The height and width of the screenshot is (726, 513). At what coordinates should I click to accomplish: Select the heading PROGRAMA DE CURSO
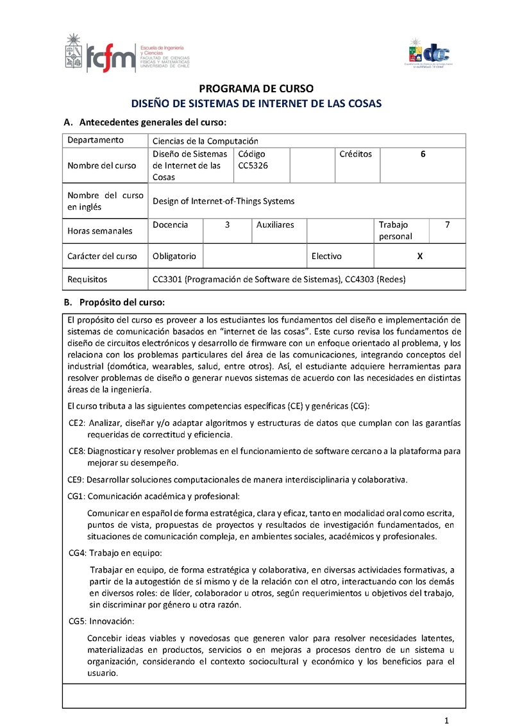256,89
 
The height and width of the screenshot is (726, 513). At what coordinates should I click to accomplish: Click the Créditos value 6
423,154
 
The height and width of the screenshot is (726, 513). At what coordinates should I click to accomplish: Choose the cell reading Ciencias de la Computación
205,141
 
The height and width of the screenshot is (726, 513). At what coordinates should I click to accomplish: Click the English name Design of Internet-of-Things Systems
224,201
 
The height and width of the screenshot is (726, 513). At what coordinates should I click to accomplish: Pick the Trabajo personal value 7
447,225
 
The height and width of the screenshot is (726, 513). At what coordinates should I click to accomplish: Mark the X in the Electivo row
419,256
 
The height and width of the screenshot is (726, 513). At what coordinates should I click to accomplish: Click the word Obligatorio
174,256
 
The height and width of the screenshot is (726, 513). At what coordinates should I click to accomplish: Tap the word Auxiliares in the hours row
275,225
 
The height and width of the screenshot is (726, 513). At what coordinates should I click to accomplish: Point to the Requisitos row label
87,280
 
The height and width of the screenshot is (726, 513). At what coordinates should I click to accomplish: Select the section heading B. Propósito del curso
114,302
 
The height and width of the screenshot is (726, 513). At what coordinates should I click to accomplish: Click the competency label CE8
76,451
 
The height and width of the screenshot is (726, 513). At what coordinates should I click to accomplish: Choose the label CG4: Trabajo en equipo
115,553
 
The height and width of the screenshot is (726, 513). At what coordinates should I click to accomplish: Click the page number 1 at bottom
446,719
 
